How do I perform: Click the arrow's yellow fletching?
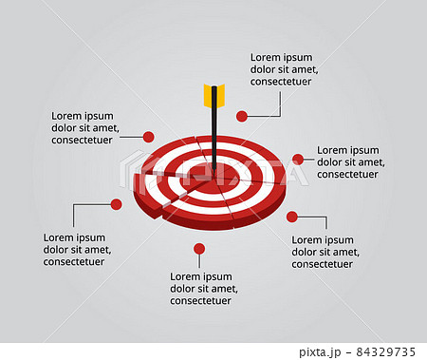(x=213, y=95)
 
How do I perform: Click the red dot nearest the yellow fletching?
(x=242, y=116)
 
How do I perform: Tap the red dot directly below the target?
(x=198, y=249)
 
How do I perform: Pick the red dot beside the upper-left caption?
(x=148, y=137)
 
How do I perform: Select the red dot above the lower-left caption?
(x=116, y=204)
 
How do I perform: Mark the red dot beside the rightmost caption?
(x=297, y=159)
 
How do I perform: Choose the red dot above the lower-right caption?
(x=291, y=217)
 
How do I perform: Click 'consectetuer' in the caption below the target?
(x=201, y=301)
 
